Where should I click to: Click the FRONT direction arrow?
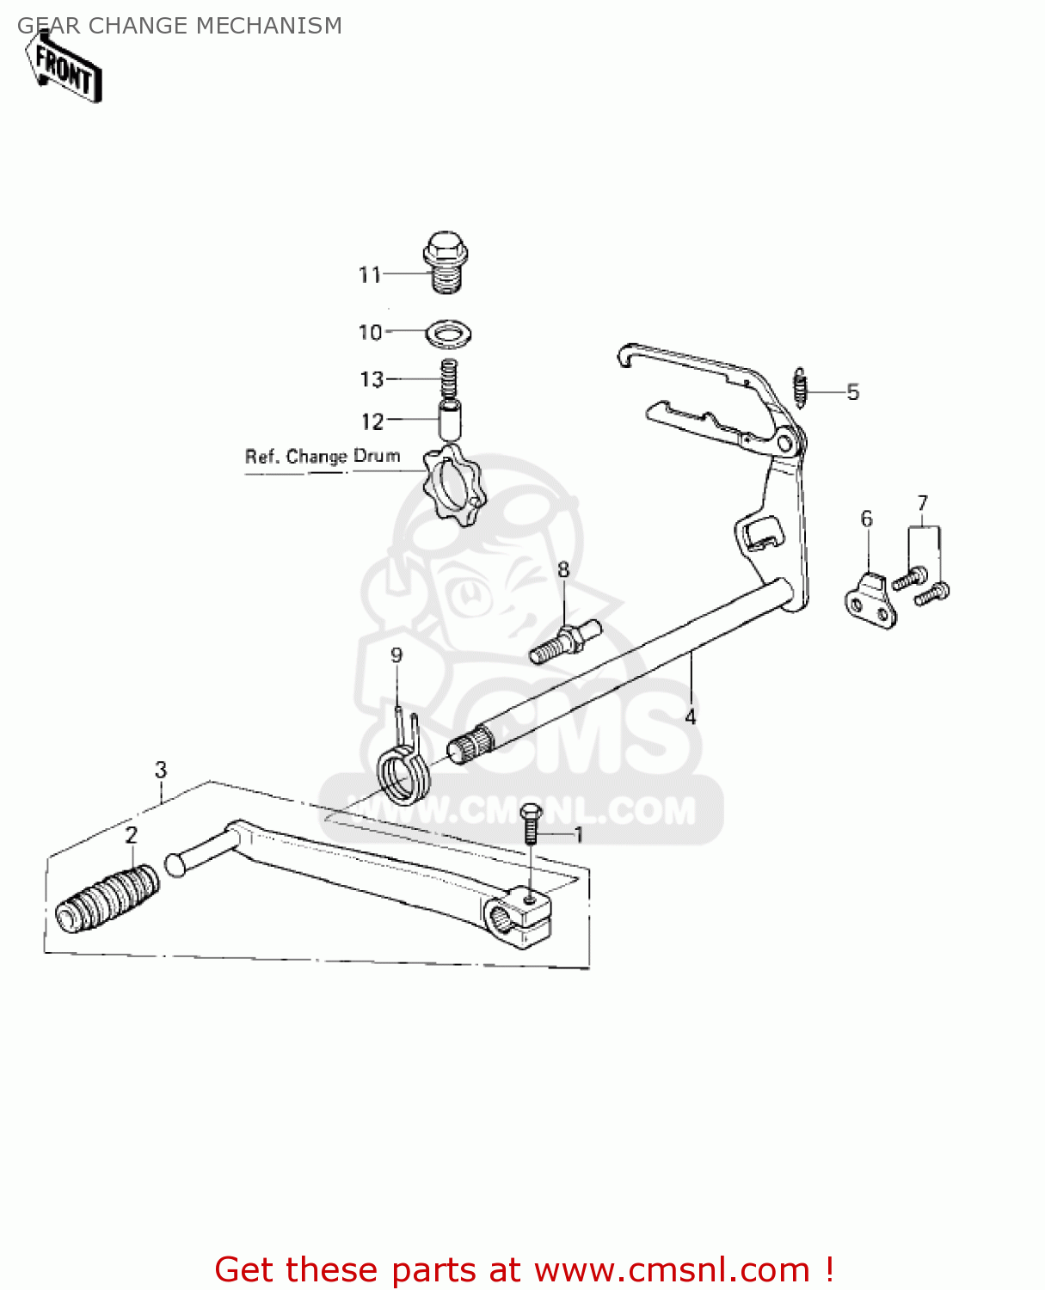click(x=65, y=68)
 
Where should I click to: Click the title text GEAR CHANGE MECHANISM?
click(x=180, y=26)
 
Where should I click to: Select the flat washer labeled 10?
click(x=448, y=333)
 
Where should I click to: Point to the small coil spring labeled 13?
click(x=448, y=378)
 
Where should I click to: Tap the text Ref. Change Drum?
click(x=323, y=457)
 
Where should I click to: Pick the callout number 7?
click(x=923, y=503)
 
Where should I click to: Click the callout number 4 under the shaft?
click(x=691, y=716)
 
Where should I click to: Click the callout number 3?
click(x=161, y=770)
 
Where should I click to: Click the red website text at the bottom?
click(x=524, y=1269)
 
